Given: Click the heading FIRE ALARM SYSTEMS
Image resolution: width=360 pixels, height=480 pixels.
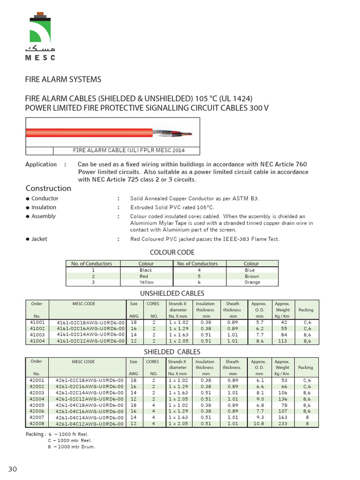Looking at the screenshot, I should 63,79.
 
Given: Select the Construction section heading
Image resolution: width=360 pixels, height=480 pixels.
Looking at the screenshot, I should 48,188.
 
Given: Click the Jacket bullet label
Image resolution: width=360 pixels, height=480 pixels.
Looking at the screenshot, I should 39,239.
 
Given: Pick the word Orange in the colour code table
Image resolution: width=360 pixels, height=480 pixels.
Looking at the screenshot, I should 252,282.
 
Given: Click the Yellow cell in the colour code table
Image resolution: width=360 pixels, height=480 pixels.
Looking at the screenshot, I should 146,282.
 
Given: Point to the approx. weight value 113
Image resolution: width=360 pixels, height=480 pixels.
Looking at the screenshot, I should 282,341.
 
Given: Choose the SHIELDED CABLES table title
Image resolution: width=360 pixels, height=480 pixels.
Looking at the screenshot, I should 172,352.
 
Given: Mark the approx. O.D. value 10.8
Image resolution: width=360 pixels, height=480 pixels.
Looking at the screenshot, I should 259,423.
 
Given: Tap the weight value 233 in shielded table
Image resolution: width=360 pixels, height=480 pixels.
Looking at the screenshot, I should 282,423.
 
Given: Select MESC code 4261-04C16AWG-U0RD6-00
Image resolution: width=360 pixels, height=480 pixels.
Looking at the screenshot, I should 90,411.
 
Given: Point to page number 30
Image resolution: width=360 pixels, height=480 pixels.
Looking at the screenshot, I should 13,469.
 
